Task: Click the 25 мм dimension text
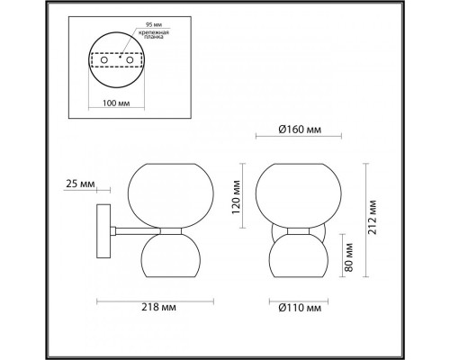click(x=81, y=184)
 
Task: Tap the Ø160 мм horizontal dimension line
click(x=291, y=139)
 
